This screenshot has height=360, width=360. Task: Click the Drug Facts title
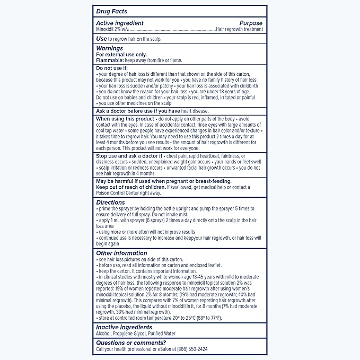[x=111, y=11]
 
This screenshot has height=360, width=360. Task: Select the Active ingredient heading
[x=120, y=23]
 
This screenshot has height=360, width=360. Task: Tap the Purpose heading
[x=251, y=23]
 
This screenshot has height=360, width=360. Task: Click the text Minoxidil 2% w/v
[x=113, y=30]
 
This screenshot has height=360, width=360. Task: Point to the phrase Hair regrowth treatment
[x=239, y=30]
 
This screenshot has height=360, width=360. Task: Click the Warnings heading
[x=109, y=48]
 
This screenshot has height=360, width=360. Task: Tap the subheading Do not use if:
[x=112, y=68]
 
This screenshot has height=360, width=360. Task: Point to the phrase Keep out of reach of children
[x=130, y=187]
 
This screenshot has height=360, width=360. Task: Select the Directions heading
[x=110, y=202]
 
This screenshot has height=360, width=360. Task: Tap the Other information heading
[x=121, y=253]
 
